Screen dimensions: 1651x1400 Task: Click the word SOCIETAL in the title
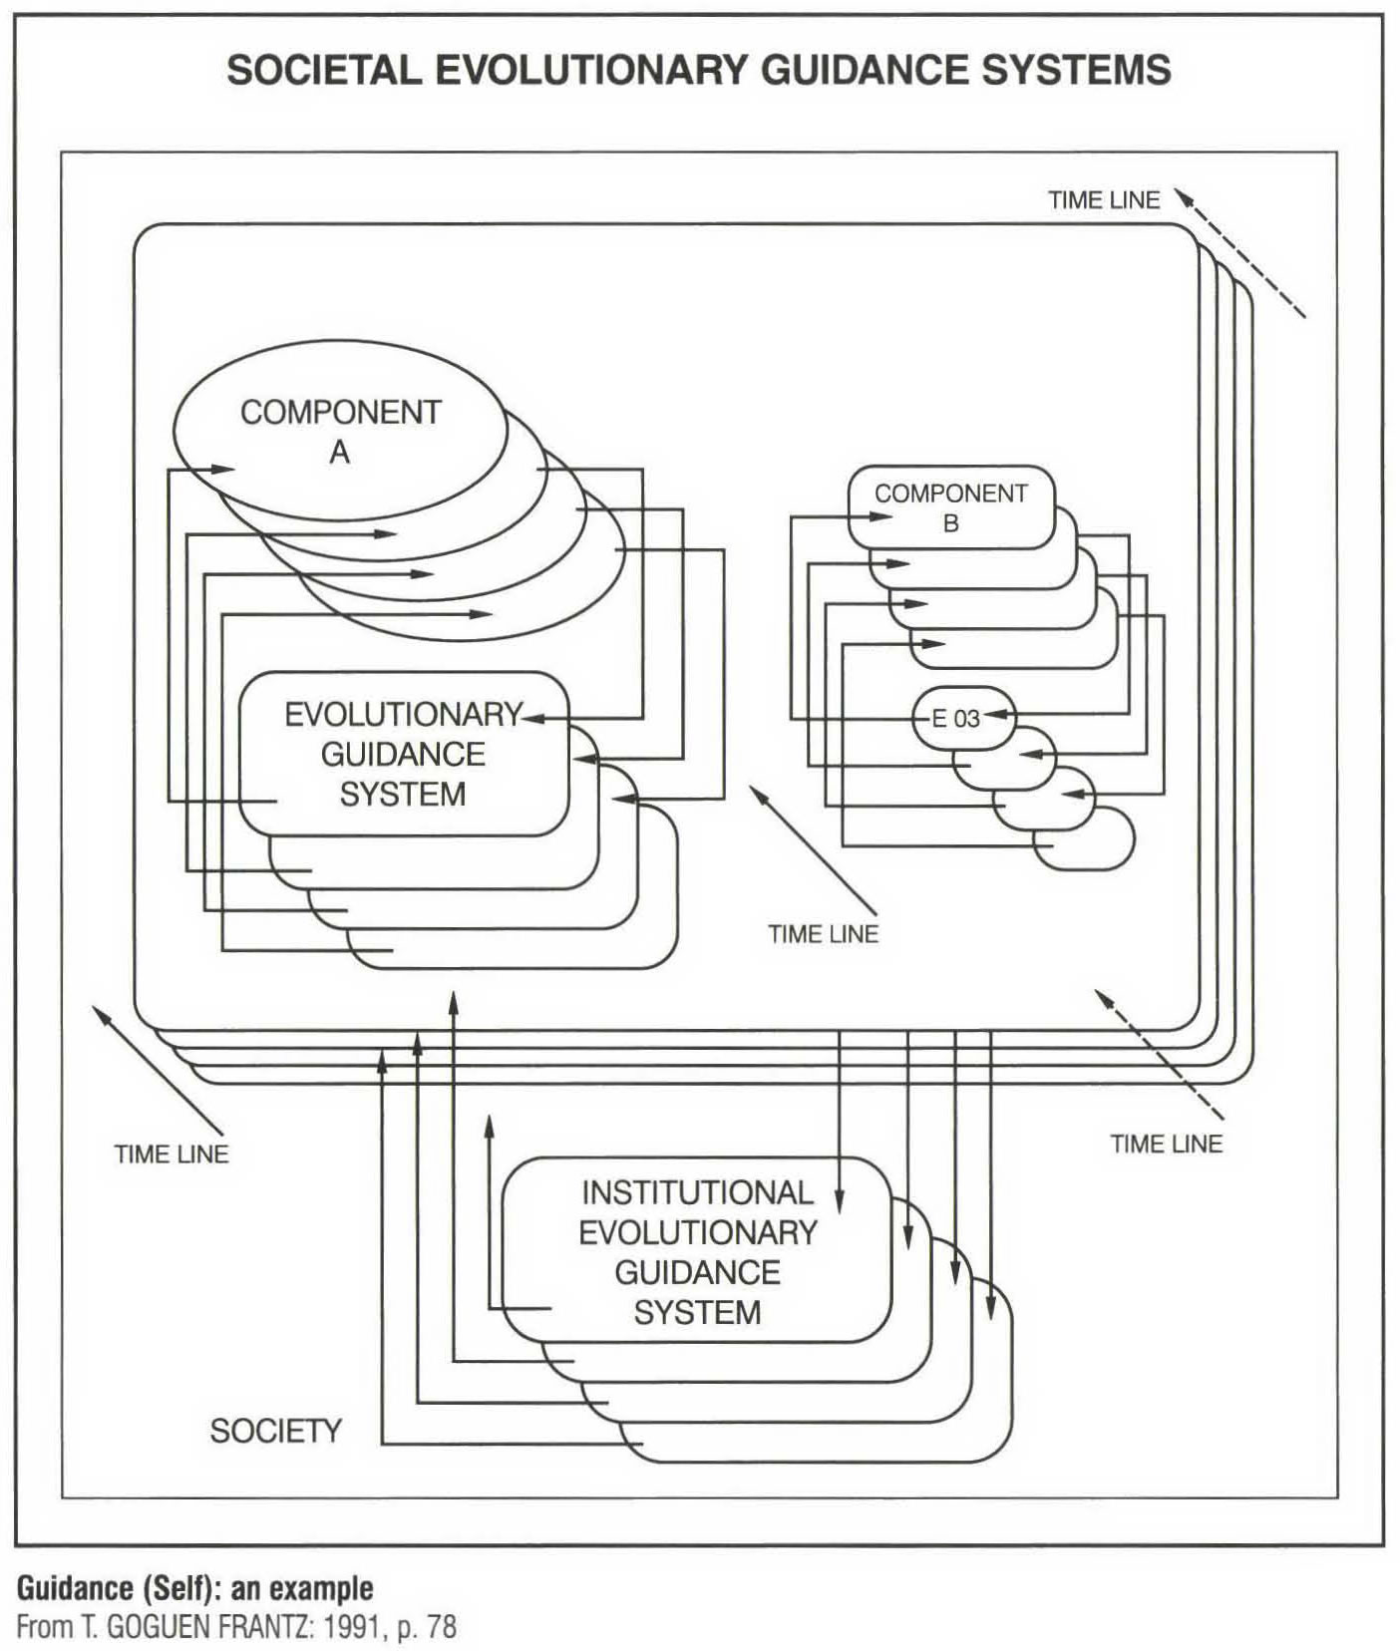323,71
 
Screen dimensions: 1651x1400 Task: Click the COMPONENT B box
950,506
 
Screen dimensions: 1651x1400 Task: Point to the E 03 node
956,718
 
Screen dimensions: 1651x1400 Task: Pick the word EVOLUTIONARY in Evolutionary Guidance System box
403,714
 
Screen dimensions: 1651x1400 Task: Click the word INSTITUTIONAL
697,1192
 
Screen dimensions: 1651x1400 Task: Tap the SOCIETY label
275,1431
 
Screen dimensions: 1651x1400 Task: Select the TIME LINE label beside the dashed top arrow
1104,200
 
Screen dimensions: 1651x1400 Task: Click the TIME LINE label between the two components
823,934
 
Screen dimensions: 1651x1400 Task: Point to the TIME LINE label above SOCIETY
172,1154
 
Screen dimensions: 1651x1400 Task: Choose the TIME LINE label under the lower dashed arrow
1166,1144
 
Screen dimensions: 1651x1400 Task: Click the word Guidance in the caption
77,1587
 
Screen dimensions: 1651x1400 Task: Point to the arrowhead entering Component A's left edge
223,469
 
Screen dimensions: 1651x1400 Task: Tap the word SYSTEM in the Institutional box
697,1312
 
